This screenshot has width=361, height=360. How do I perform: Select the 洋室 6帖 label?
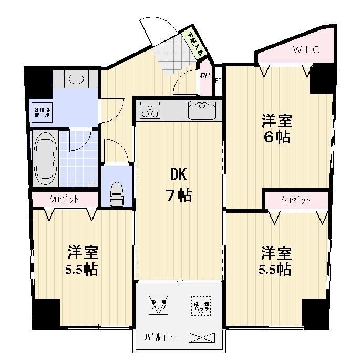(277, 129)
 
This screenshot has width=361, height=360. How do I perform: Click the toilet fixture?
(116, 195)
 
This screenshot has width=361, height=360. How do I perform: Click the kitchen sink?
(202, 111)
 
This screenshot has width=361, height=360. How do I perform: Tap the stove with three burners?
(150, 111)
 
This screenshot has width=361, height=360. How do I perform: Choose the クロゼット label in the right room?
(296, 200)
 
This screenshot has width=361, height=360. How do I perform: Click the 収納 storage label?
(205, 76)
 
